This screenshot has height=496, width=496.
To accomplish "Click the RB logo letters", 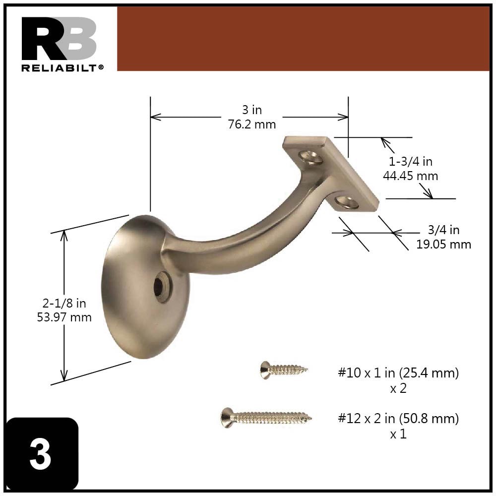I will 59,39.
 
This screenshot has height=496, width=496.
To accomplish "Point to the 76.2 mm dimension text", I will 252,124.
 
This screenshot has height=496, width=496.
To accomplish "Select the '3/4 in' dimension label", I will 443,230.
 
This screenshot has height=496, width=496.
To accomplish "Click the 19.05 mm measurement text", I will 443,244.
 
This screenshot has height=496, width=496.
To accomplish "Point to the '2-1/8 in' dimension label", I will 64,304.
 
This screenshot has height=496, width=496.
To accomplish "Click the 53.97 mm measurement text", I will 64,317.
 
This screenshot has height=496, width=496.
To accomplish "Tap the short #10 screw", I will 283,370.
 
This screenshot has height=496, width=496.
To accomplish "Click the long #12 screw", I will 266,418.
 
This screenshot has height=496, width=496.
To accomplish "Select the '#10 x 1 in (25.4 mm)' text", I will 398,373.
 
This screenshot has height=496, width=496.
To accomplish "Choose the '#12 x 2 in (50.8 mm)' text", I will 398,418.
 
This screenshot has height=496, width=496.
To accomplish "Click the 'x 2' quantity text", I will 398,388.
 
